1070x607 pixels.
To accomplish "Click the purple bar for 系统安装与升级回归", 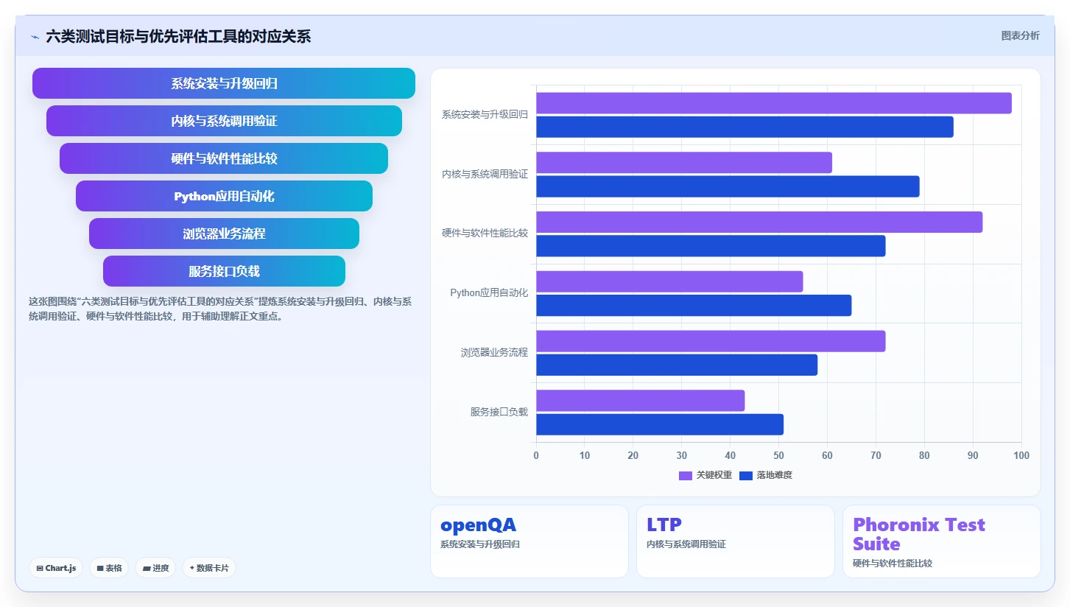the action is [774, 103].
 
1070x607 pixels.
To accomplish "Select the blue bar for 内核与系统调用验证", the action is [728, 186].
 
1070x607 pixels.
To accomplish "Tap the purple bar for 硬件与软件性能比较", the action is [759, 222].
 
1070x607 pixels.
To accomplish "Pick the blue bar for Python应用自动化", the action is [694, 306].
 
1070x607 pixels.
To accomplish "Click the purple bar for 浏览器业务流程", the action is [711, 341].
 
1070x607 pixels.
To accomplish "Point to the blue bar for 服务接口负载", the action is [660, 424].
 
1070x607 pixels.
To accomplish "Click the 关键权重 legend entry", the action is [705, 475].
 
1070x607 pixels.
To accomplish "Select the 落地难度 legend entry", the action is [766, 475].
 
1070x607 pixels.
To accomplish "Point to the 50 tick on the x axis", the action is [778, 455].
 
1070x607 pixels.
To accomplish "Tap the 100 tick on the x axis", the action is [1021, 455].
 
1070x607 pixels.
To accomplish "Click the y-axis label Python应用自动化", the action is [489, 292].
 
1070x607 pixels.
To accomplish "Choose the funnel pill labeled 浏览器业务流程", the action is [224, 234].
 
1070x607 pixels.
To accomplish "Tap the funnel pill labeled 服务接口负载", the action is [224, 271].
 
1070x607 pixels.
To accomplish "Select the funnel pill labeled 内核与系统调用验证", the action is [224, 121].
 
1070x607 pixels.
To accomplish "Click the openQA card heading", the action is [478, 524].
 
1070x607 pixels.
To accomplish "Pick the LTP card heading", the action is [664, 524].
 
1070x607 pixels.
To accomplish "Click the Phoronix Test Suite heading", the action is [918, 534].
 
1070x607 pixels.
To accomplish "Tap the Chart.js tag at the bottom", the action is [56, 568].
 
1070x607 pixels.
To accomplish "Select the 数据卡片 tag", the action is [208, 568].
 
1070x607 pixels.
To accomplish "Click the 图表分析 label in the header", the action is [1021, 36].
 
